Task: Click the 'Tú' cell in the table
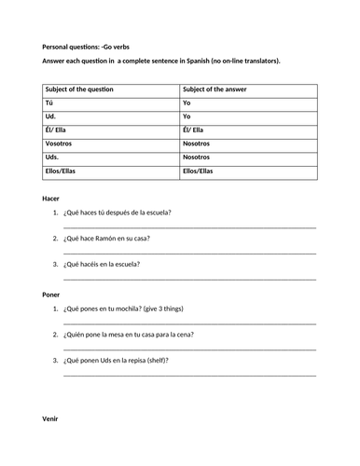click(48, 104)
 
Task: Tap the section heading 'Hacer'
click(52, 198)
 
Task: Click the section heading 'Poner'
click(52, 295)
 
